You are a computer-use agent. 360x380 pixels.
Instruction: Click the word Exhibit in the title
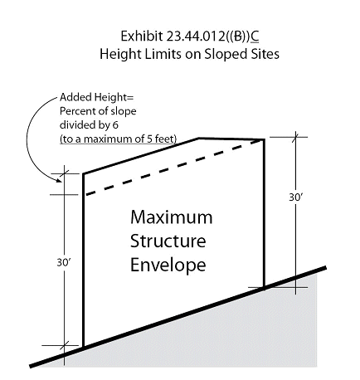[142, 37]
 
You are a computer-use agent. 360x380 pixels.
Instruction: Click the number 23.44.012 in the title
[196, 37]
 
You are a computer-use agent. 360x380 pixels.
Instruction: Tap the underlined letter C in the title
[255, 37]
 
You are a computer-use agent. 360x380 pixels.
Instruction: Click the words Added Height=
[96, 97]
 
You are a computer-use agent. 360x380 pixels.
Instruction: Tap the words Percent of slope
[98, 111]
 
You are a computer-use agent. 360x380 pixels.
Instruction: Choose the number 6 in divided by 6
[115, 125]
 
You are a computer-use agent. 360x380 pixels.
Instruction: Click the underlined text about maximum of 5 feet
[118, 139]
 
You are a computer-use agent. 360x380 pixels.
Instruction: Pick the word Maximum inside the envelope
[172, 217]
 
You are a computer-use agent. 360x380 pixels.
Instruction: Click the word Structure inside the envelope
[168, 241]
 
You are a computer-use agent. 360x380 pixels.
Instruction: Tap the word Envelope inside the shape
[168, 265]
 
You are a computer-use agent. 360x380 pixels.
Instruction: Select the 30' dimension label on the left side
[64, 262]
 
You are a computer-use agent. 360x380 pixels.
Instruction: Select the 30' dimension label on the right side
[296, 197]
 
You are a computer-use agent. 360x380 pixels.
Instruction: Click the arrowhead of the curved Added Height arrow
[59, 180]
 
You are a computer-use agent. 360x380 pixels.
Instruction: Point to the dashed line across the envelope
[174, 168]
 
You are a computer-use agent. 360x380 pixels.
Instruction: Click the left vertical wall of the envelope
[83, 260]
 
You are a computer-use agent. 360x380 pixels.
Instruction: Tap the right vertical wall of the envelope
[264, 213]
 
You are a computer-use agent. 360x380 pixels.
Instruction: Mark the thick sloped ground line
[178, 317]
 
